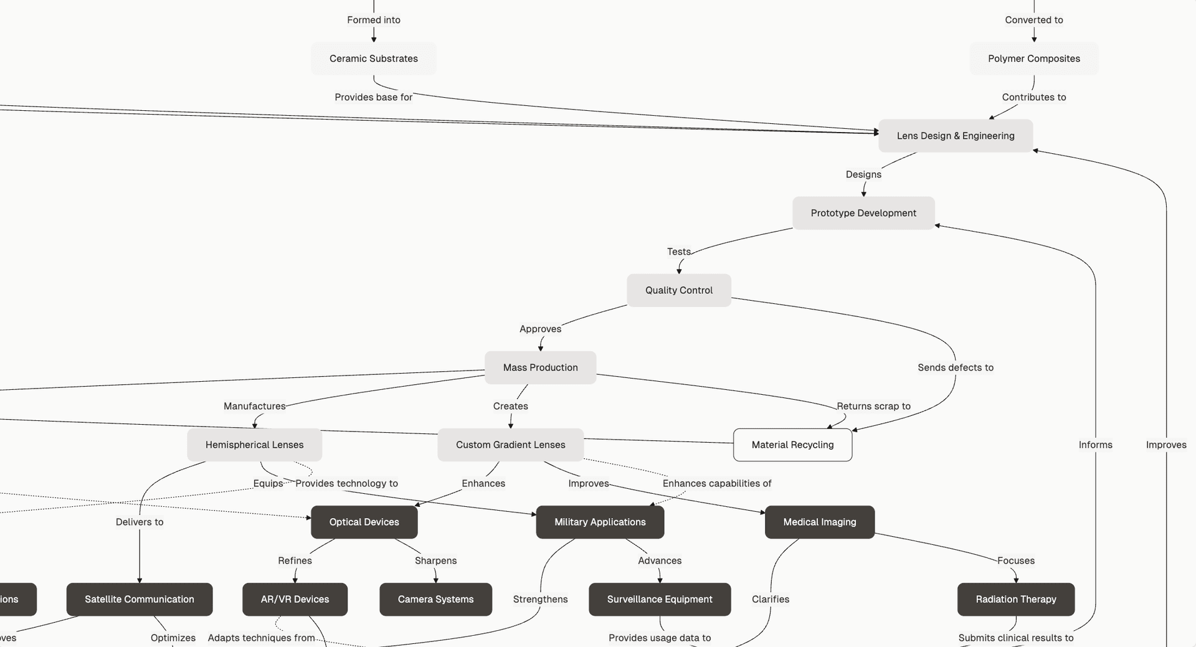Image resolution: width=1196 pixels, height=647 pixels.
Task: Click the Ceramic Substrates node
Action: (x=373, y=59)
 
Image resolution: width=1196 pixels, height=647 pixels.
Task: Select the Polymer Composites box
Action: (x=1033, y=59)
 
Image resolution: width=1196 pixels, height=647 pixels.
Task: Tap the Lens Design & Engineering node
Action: (x=955, y=136)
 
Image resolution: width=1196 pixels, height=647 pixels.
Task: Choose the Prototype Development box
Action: (x=863, y=213)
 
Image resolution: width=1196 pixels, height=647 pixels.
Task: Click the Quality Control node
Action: (x=678, y=290)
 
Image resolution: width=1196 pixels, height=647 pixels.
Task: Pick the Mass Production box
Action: (x=540, y=367)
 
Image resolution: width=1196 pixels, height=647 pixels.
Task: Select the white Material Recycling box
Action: (x=792, y=445)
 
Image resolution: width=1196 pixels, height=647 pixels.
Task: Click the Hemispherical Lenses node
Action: (x=254, y=445)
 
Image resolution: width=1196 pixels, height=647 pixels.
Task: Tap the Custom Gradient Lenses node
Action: (x=510, y=445)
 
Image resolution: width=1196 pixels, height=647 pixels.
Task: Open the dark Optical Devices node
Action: (x=364, y=522)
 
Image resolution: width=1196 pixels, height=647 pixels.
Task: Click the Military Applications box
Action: (x=600, y=522)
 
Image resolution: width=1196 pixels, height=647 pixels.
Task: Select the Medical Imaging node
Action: (x=819, y=522)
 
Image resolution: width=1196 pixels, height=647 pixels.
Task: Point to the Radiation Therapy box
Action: (x=1015, y=599)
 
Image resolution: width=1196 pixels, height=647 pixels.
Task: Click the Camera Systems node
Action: (x=435, y=599)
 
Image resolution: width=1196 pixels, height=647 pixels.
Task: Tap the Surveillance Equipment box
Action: (x=659, y=599)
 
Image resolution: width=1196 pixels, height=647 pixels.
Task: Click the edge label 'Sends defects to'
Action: (x=955, y=367)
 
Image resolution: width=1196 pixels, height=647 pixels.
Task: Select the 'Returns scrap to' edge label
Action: (x=873, y=406)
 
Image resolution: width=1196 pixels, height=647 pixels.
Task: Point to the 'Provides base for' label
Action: (x=373, y=97)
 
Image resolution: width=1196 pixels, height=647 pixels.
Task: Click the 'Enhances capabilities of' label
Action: (x=716, y=483)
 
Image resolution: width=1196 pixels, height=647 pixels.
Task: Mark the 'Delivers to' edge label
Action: (x=140, y=522)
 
